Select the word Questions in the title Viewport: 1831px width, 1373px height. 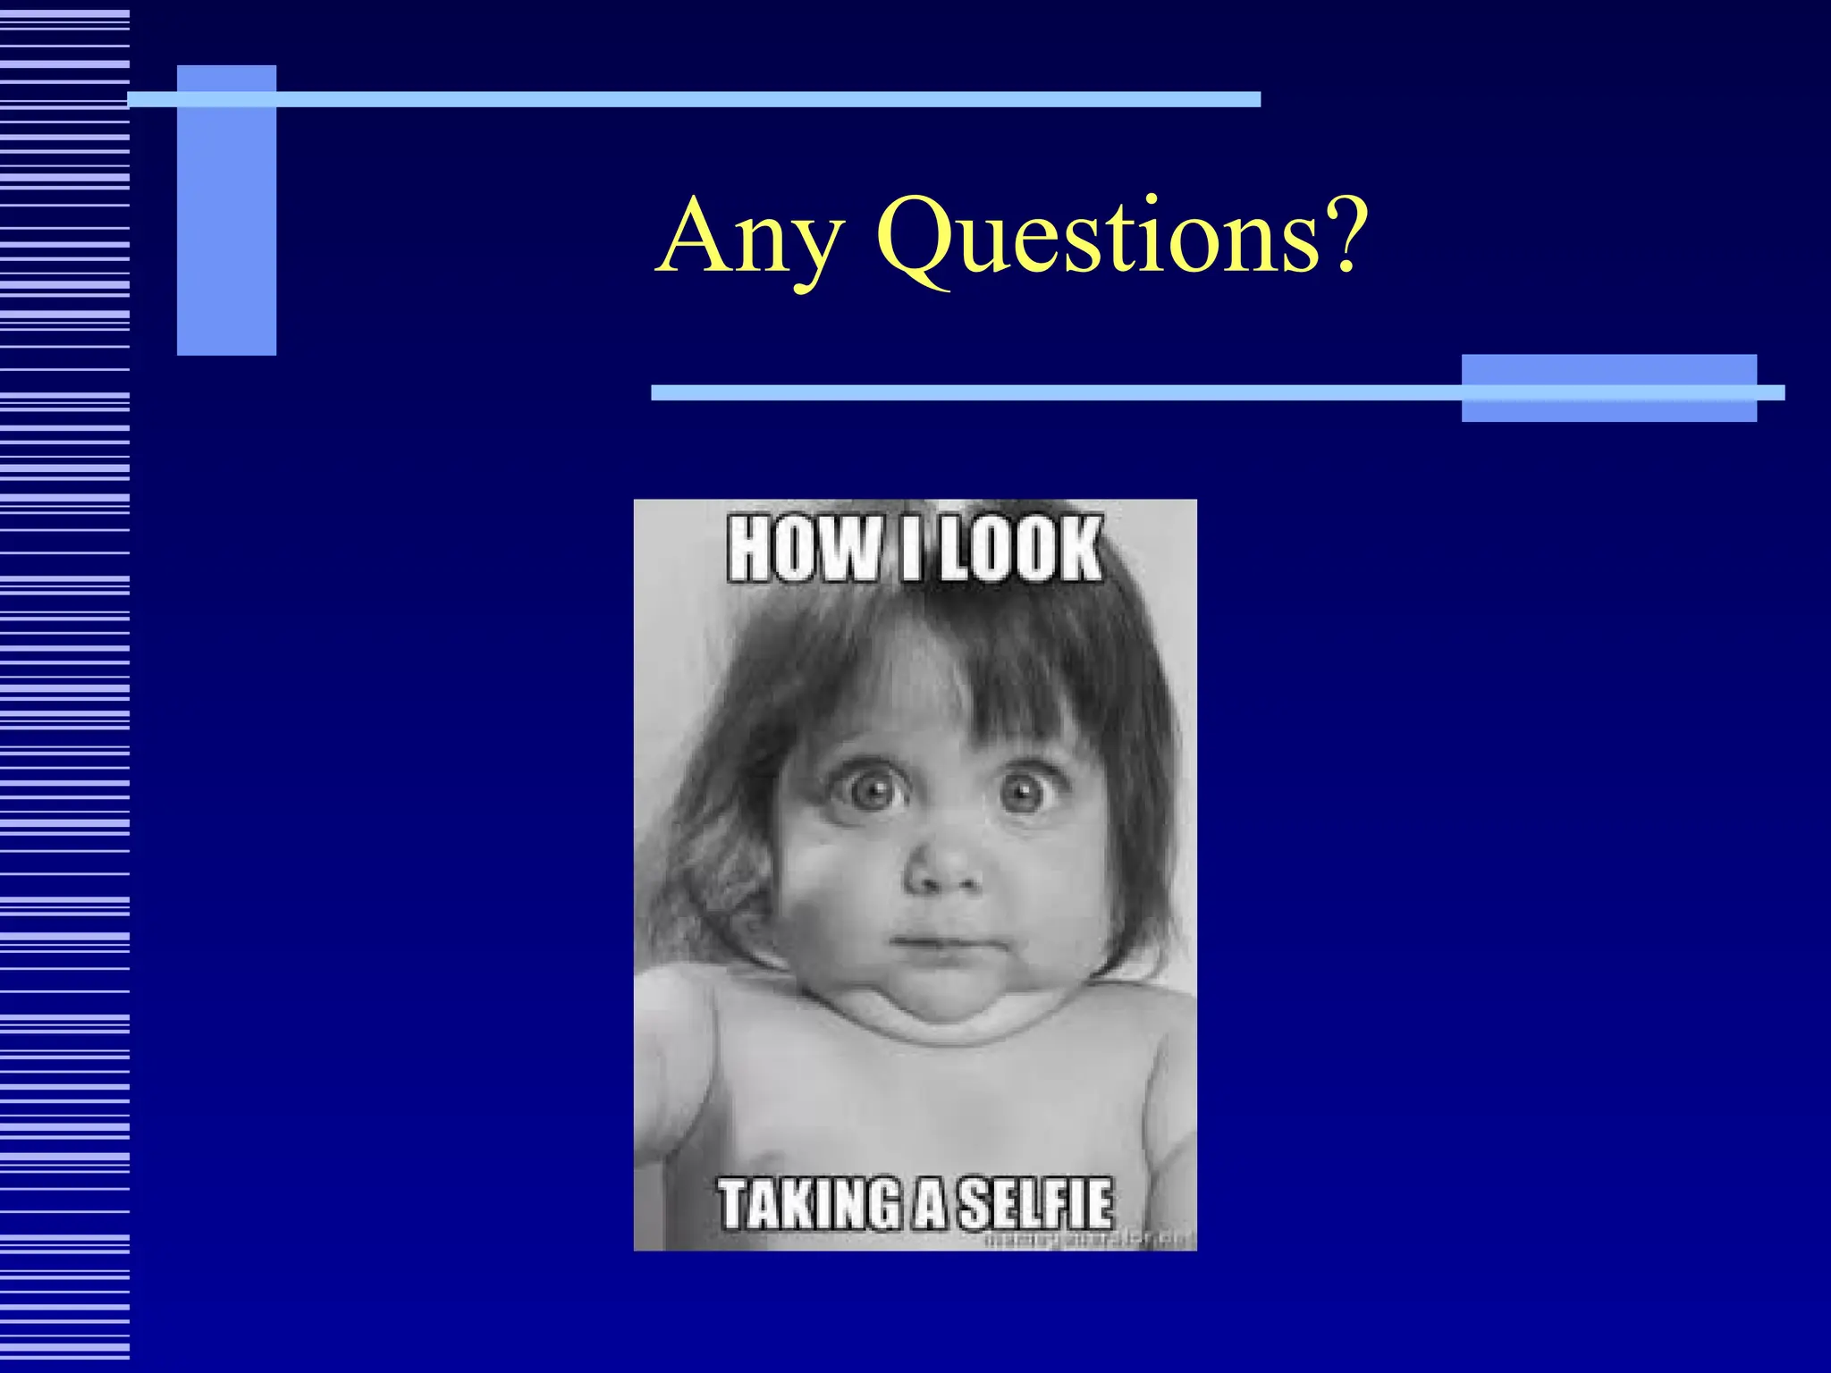coord(1098,238)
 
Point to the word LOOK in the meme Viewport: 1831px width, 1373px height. coord(1021,549)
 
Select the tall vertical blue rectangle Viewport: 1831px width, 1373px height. coord(226,210)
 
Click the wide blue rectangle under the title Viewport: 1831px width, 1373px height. coord(1608,387)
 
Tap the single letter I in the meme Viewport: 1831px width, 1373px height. coord(910,549)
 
